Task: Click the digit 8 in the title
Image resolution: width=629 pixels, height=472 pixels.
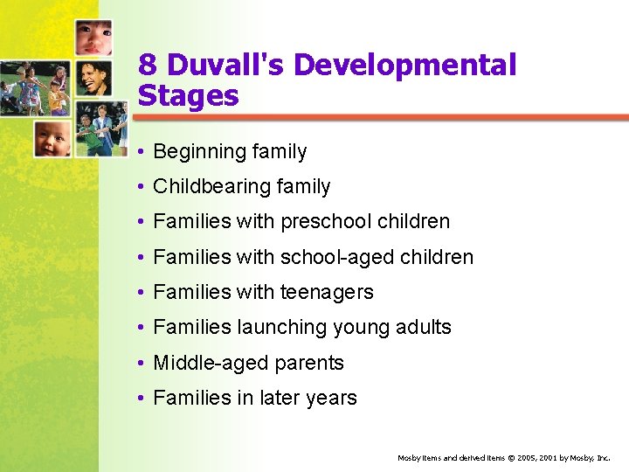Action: click(148, 66)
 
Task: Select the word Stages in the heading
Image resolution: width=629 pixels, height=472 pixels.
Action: click(188, 95)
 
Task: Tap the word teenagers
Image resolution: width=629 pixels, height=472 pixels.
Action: click(328, 293)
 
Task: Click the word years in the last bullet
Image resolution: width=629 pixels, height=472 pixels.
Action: click(331, 398)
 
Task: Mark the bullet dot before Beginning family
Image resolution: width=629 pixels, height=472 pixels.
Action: click(142, 152)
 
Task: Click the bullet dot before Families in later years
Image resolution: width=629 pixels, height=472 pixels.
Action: click(142, 398)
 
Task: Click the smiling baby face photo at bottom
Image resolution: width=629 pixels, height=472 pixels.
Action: click(52, 138)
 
